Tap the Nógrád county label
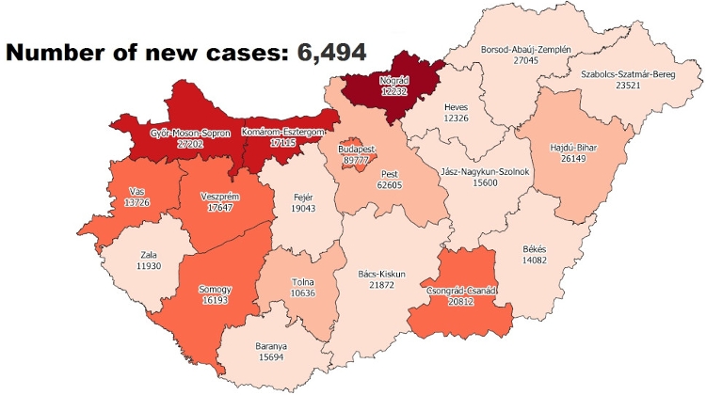point(388,78)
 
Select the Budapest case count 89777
point(357,161)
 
